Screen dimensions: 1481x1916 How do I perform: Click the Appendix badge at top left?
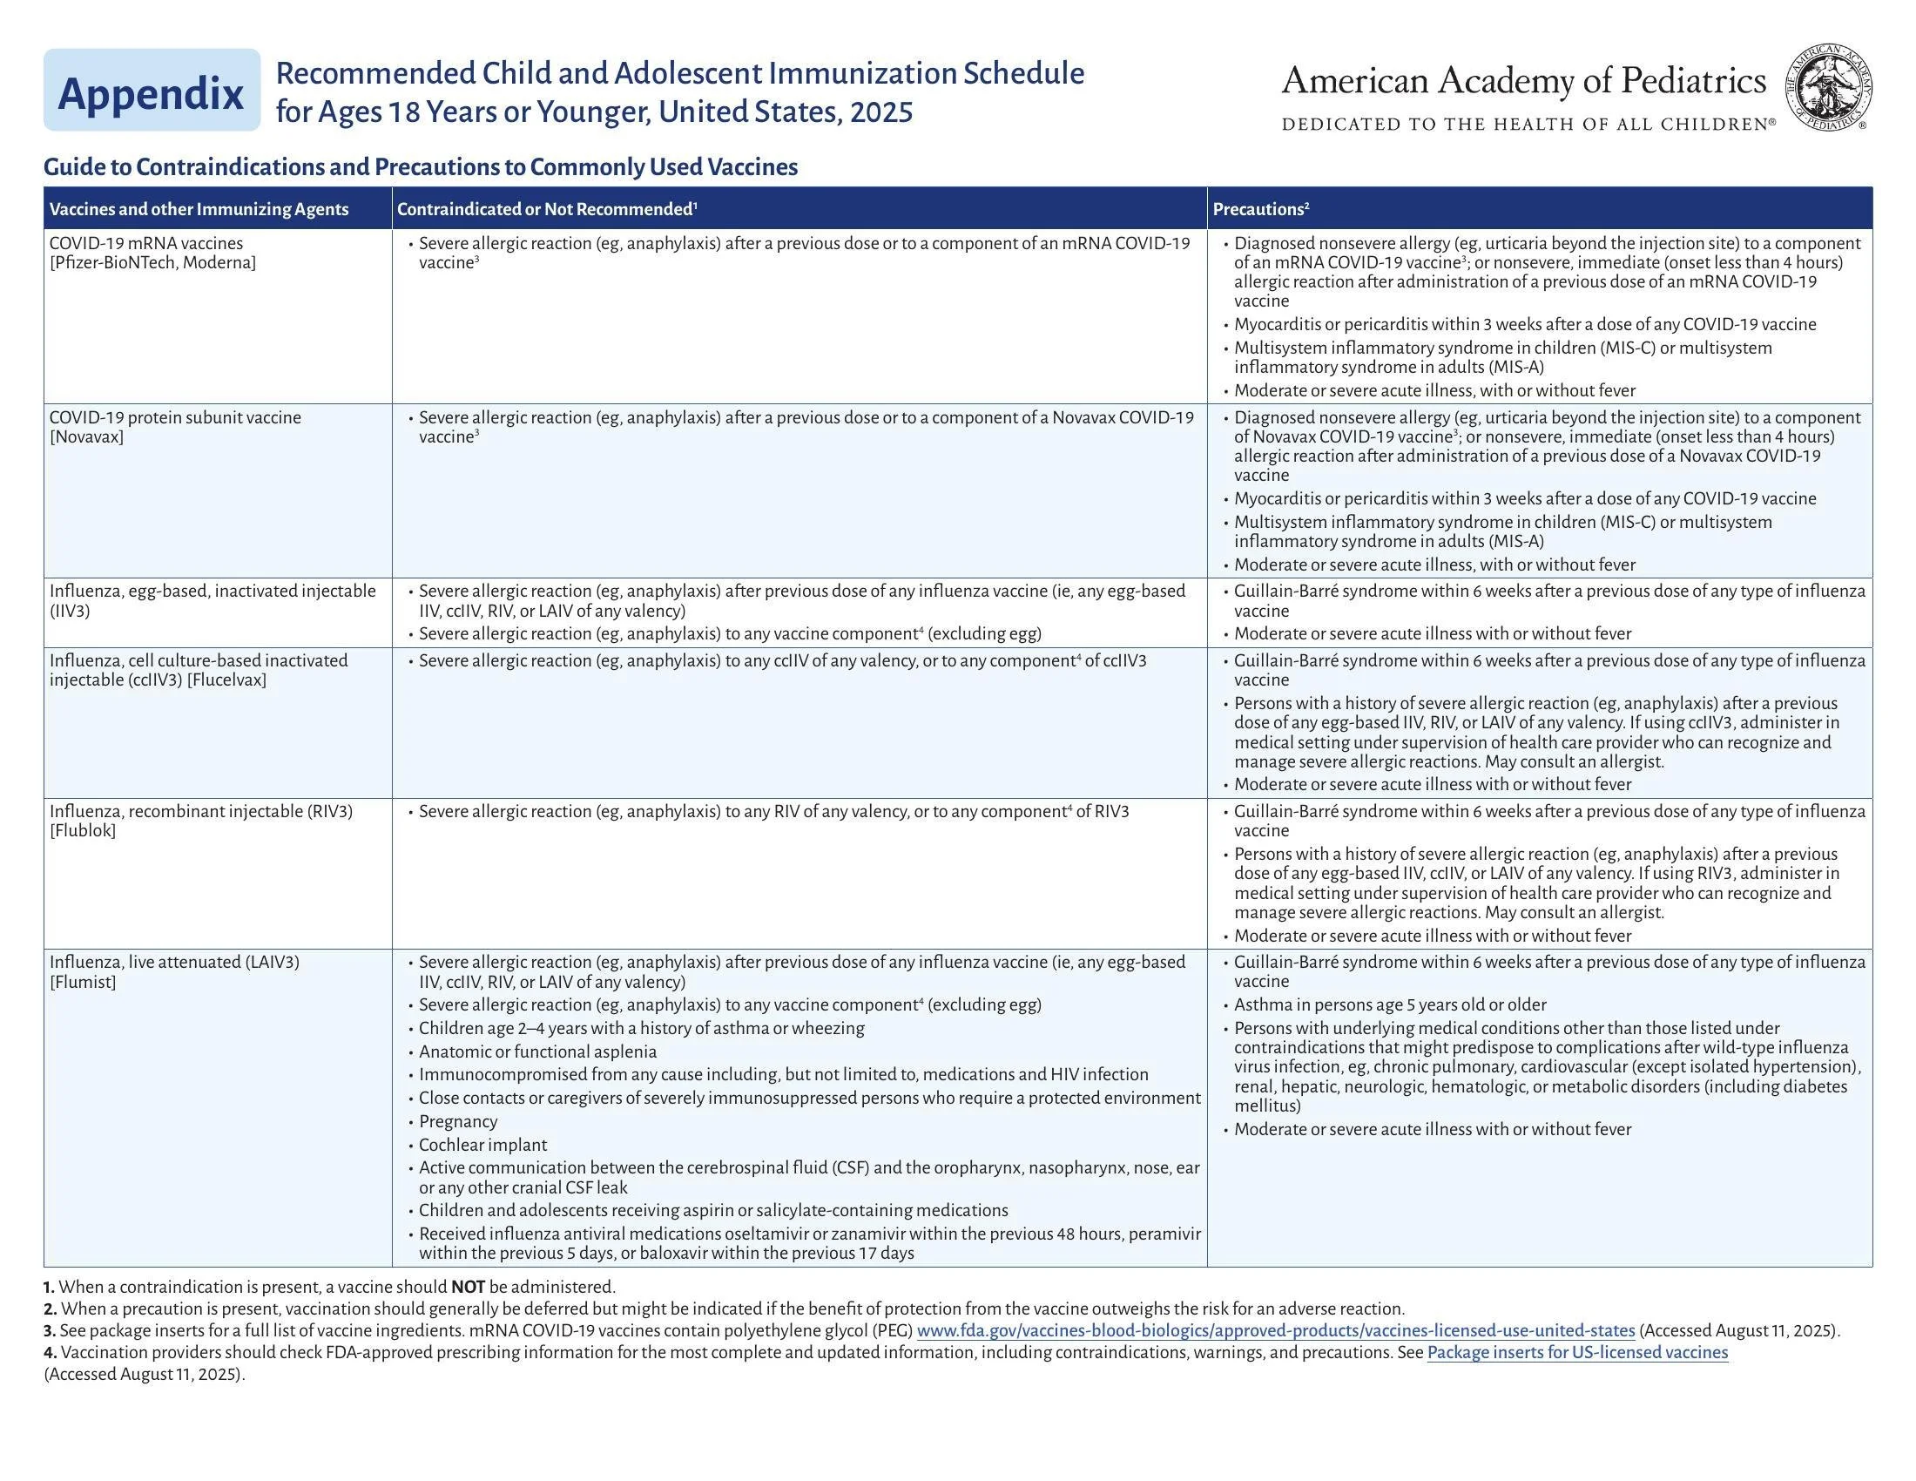coord(151,91)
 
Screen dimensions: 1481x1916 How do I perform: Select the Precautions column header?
coord(1261,209)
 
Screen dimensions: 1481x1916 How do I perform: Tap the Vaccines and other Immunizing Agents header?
coord(199,209)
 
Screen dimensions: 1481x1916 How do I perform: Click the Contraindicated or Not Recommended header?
coord(547,209)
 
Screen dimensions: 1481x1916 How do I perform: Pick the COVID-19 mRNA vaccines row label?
coord(146,243)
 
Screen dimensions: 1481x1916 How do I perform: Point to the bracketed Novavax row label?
coord(87,437)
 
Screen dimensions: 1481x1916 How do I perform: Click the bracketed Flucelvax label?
coord(226,680)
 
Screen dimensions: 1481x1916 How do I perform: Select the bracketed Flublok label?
coord(83,831)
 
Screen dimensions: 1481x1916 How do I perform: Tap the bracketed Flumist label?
coord(83,982)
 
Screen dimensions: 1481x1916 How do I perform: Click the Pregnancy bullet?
coord(457,1121)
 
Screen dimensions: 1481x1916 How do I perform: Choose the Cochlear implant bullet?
coord(482,1145)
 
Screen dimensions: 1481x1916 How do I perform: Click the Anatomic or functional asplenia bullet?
coord(536,1052)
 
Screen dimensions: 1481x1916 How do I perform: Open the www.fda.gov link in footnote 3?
coord(1275,1330)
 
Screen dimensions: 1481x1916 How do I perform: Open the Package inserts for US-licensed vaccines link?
coord(1576,1352)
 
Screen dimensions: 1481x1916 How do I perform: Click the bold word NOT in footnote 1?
coord(468,1287)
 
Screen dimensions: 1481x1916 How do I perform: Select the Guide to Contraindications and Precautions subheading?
coord(421,166)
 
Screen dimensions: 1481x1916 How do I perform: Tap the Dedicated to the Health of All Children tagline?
coord(1528,125)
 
